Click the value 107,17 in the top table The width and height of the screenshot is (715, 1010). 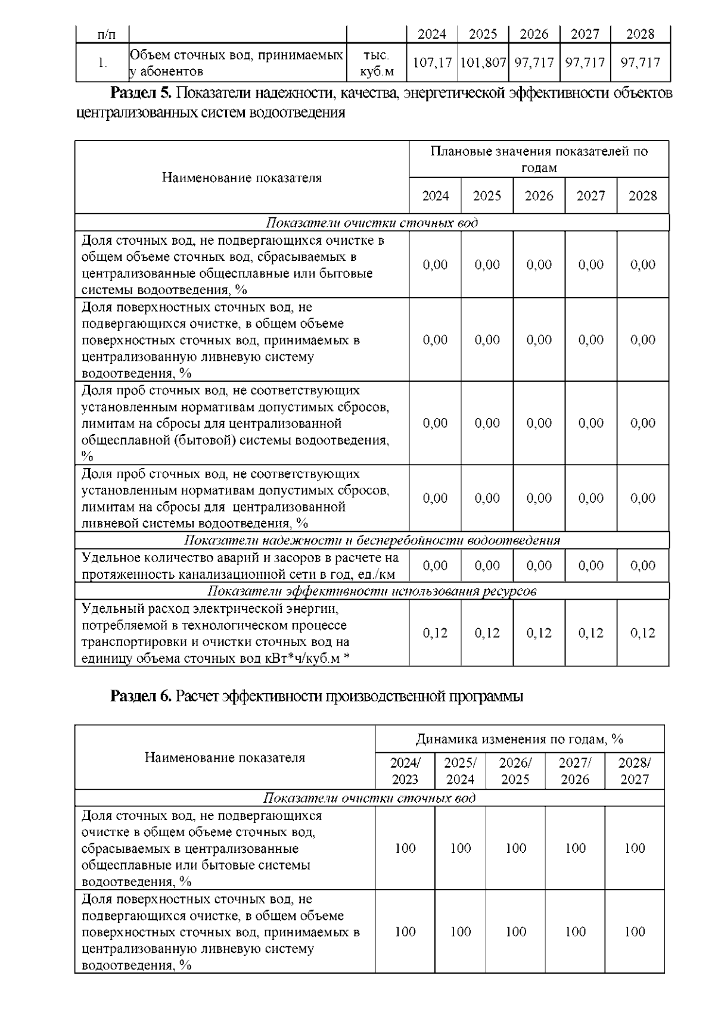coord(432,62)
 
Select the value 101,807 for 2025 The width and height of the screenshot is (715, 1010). coord(483,62)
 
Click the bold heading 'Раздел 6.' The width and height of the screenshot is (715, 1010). coord(141,696)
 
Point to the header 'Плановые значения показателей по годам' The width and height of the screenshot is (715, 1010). coord(539,159)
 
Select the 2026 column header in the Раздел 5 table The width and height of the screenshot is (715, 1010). coord(539,196)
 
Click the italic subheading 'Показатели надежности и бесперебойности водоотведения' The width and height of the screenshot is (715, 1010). coord(372,540)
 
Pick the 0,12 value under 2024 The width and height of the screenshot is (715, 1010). coord(435,633)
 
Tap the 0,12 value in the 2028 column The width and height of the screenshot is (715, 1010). coord(642,633)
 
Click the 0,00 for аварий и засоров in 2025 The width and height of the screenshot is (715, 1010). coord(487,566)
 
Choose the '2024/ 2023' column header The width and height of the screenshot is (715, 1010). coord(405,771)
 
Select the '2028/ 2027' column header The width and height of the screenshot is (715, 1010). coord(635,771)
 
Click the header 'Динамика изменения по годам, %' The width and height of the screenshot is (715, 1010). coord(520,740)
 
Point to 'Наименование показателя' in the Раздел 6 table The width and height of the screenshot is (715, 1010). coord(225,758)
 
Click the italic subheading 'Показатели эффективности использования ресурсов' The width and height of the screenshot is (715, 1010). coord(372,591)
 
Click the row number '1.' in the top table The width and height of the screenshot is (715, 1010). coord(102,63)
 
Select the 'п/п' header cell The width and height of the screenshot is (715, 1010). coord(102,35)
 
